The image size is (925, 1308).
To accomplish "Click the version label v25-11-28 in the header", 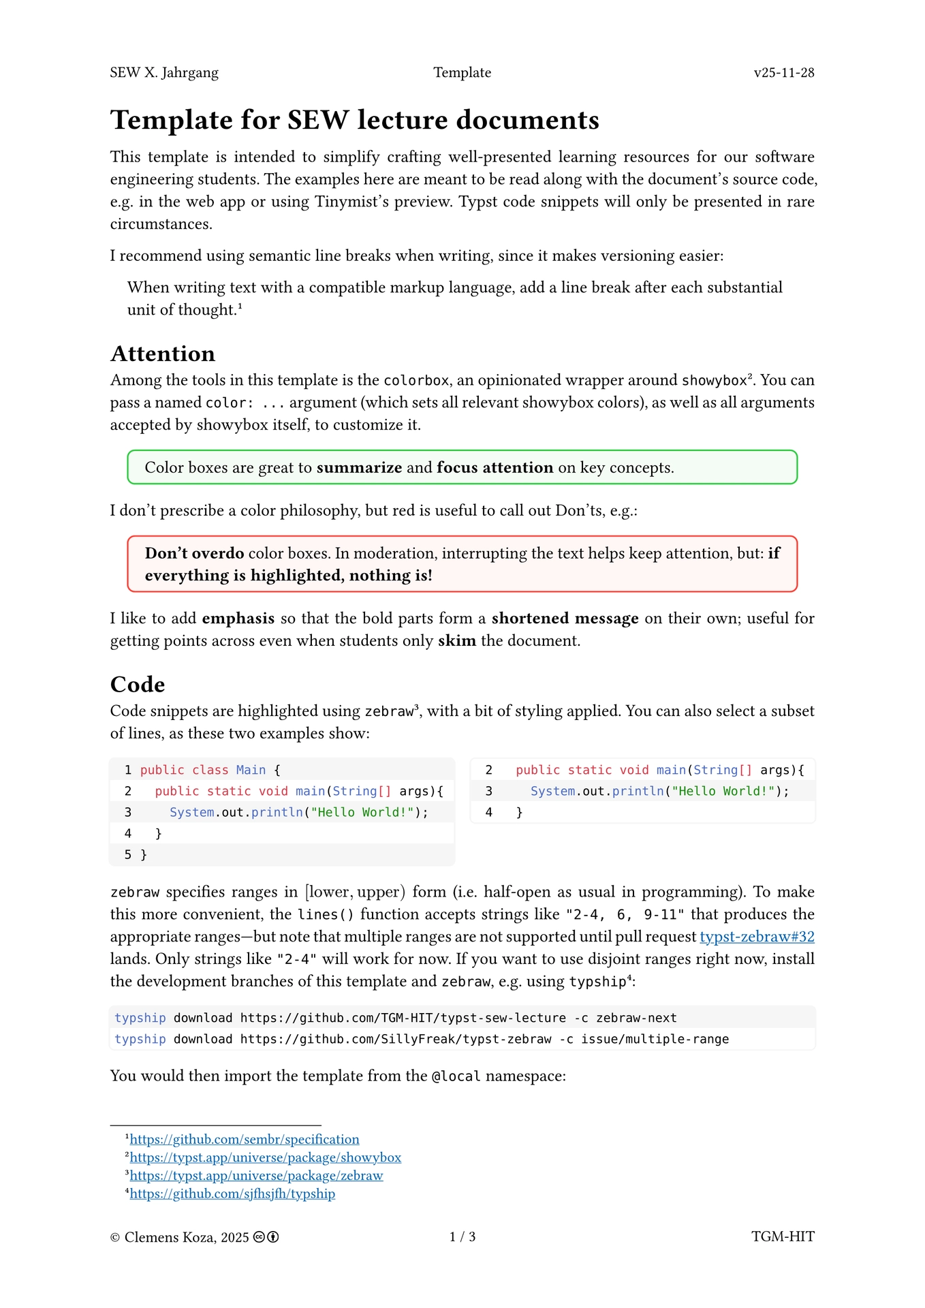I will tap(783, 73).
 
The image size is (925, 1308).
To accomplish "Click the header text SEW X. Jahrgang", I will tap(164, 73).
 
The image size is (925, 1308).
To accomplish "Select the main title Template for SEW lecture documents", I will tap(354, 121).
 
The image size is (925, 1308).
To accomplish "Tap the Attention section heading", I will tap(163, 354).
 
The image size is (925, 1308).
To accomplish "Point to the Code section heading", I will tap(138, 685).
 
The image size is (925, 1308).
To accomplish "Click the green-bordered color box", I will tap(462, 467).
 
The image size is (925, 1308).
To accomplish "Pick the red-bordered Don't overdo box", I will tap(462, 564).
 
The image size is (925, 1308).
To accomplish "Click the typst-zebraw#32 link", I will tap(757, 937).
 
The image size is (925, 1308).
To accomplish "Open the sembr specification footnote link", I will tap(245, 1140).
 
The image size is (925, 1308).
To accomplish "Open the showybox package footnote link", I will tap(265, 1157).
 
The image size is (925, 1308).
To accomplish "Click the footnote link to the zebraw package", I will tap(256, 1176).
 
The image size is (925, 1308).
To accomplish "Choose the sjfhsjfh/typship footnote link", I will tap(232, 1194).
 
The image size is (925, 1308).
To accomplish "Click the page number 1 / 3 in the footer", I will tap(462, 1237).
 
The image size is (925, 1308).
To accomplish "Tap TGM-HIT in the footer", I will tap(783, 1237).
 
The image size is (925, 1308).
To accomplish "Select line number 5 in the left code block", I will tap(128, 855).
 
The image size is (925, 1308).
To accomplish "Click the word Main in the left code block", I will tap(251, 770).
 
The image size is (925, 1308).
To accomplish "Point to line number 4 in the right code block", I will tap(489, 813).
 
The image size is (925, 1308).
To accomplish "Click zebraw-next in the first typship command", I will tap(636, 1018).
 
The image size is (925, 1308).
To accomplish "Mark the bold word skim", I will tap(457, 641).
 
